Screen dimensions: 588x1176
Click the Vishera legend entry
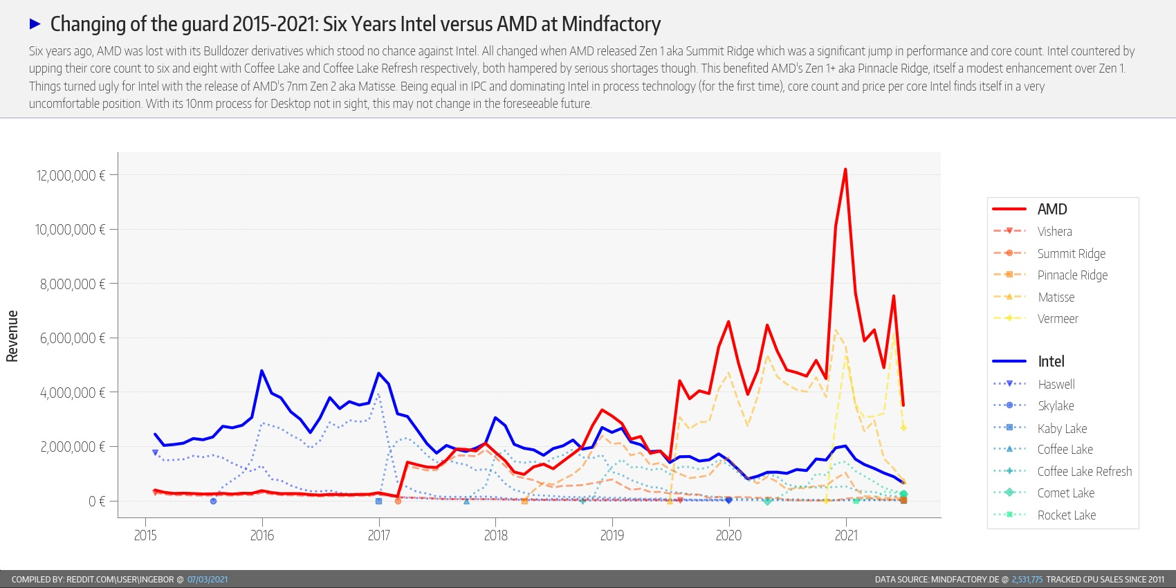(x=1054, y=232)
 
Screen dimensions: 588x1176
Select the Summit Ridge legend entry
(x=1071, y=254)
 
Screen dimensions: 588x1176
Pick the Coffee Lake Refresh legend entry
(x=1084, y=472)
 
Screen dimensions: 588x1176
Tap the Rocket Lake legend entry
(x=1066, y=515)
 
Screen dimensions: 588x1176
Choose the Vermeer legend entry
(x=1058, y=319)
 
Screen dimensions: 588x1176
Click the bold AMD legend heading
(x=1051, y=210)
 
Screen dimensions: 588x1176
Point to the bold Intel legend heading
(x=1051, y=362)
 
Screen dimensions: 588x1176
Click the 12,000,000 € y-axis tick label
(x=71, y=176)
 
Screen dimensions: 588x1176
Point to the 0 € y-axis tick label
(x=97, y=502)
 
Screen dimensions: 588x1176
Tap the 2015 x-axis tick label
(x=145, y=535)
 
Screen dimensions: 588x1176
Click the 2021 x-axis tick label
(x=846, y=535)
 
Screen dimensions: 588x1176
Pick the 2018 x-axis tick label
(x=495, y=535)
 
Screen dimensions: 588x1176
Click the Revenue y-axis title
(x=12, y=336)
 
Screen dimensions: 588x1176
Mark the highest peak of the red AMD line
(x=845, y=169)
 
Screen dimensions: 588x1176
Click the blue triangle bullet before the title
(x=35, y=24)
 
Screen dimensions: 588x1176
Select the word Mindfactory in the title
(x=611, y=24)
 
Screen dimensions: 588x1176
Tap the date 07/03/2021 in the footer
(x=208, y=580)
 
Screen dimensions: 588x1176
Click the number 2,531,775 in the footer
(x=1027, y=580)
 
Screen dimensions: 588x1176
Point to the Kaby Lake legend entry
(x=1062, y=429)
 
